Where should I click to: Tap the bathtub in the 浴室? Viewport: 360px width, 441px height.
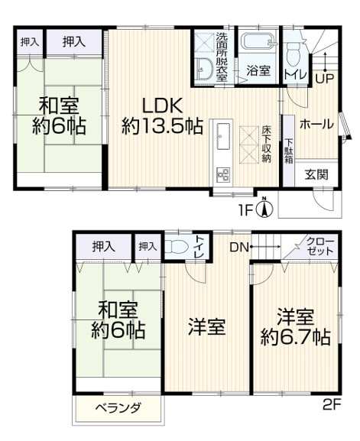257,44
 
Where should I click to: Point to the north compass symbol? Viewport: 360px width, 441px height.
263,207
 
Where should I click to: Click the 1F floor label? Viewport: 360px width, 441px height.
245,206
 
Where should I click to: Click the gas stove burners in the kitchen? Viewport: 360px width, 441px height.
225,173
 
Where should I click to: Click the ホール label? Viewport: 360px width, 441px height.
316,124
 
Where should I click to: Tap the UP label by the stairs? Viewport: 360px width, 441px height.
323,79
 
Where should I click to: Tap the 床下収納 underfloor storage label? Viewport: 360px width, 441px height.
267,143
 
